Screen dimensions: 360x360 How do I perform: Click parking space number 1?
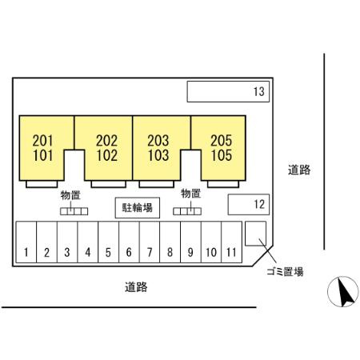[x=26, y=242]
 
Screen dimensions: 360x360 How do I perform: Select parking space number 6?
[x=129, y=242]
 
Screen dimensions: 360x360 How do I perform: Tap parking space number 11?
[x=232, y=242]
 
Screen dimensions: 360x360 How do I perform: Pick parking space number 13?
[x=228, y=92]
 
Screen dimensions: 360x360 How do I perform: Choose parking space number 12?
[x=249, y=205]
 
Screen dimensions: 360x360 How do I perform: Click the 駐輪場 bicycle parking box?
[x=138, y=208]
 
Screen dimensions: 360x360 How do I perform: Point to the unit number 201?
[x=42, y=141]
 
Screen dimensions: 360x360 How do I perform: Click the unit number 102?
[x=107, y=156]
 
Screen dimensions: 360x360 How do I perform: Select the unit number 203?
[x=158, y=141]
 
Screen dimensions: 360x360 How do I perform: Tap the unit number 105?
[x=222, y=156]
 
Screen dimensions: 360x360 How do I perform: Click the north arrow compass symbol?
[x=343, y=291]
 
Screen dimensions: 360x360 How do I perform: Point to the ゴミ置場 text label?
[x=285, y=272]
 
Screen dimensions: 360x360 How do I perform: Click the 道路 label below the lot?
[x=136, y=287]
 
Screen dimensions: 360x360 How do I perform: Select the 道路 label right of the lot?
[x=299, y=170]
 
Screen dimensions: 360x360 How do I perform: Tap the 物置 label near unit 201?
[x=70, y=195]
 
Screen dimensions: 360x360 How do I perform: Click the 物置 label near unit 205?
[x=190, y=194]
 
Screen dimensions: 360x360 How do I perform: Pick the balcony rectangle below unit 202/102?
[x=108, y=184]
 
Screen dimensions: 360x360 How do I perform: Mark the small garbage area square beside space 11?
[x=255, y=234]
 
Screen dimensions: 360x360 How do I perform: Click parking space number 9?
[x=190, y=242]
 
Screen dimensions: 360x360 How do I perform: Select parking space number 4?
[x=88, y=242]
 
